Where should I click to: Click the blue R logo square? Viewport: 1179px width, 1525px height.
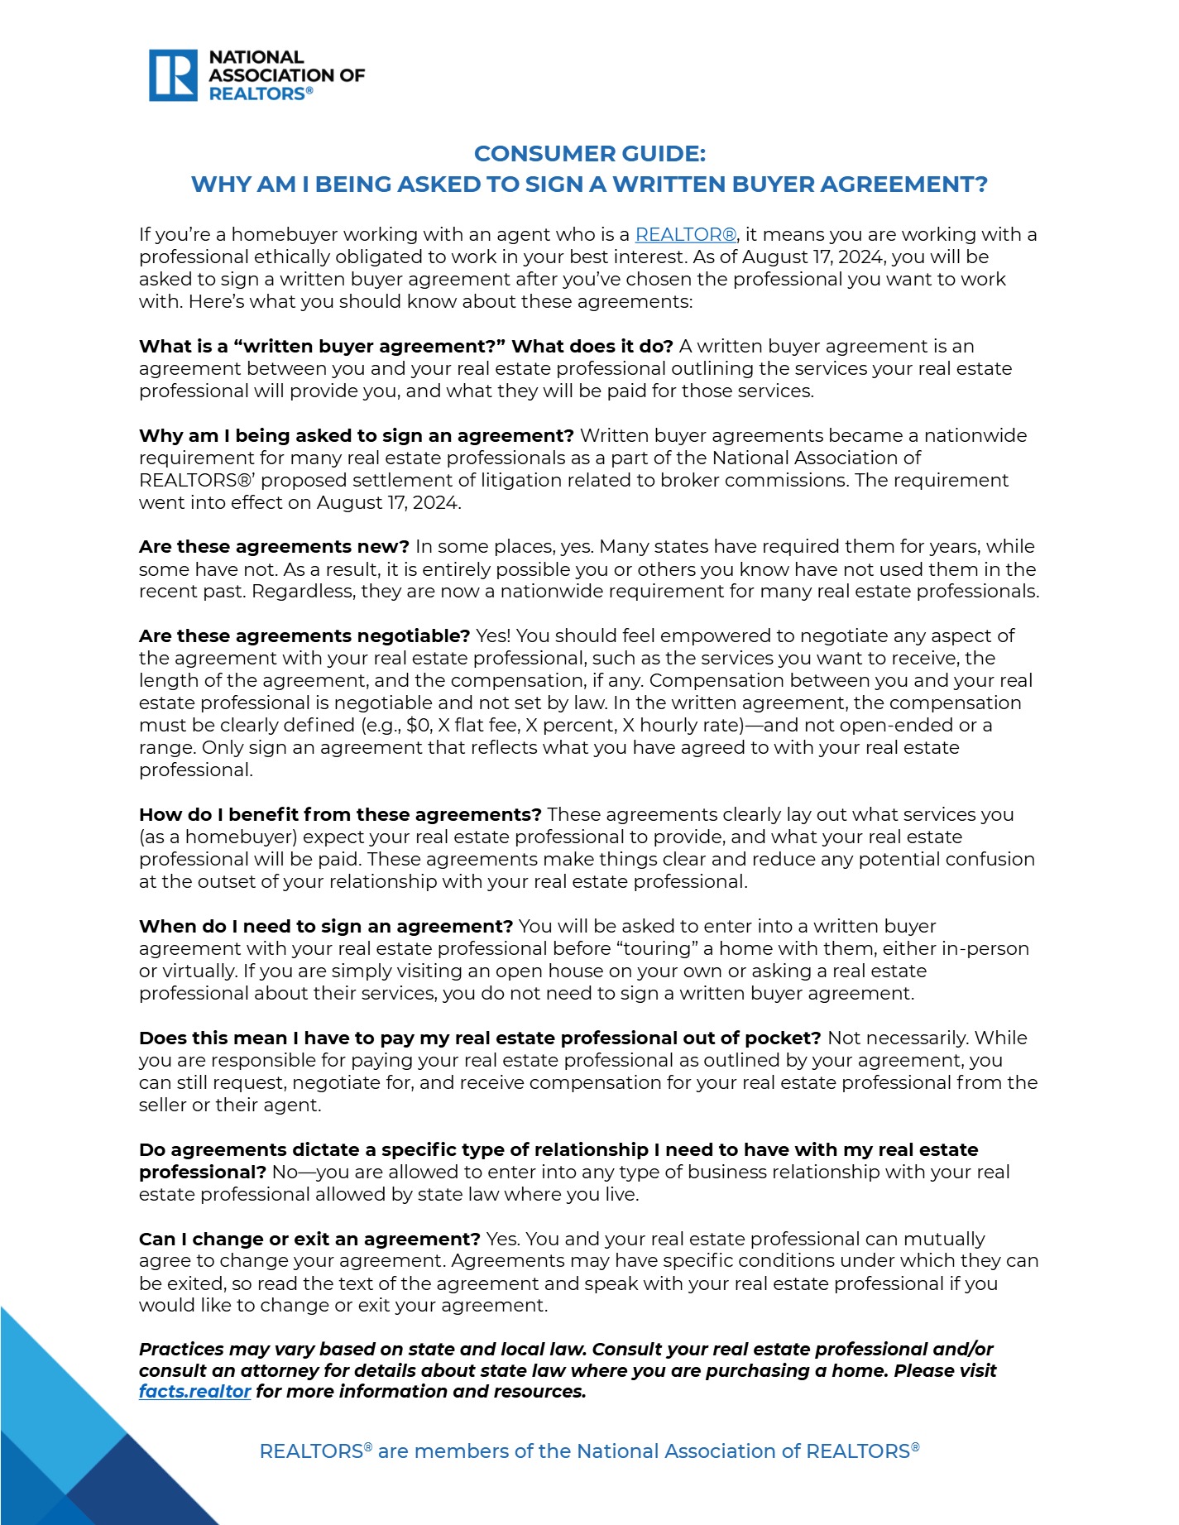[173, 75]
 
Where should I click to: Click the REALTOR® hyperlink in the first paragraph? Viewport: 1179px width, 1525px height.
[685, 235]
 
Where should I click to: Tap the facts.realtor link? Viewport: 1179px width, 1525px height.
[194, 1391]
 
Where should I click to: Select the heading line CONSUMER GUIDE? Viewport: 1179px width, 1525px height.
[589, 154]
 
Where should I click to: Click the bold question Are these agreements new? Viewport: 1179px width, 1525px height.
[274, 547]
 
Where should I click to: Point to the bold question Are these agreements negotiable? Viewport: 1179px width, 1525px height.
[304, 636]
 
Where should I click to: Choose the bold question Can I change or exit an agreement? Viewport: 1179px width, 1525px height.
[309, 1239]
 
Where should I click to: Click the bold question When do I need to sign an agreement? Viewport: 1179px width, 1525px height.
[326, 927]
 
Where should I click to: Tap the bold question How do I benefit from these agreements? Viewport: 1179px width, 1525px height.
[340, 815]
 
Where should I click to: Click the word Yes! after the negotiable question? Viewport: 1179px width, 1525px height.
[493, 636]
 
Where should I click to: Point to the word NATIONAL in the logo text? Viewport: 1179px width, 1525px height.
[256, 57]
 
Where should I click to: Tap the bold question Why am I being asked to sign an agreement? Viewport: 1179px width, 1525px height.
[356, 436]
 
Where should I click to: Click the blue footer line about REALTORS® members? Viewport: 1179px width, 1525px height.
[589, 1451]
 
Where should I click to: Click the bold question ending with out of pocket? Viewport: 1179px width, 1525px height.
[480, 1038]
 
